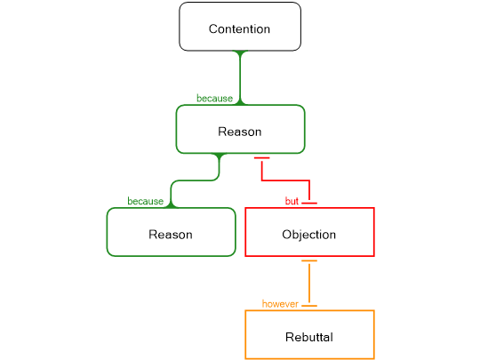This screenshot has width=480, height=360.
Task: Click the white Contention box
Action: point(240,27)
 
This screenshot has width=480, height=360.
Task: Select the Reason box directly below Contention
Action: point(240,130)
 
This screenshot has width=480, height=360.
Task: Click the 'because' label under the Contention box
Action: point(213,99)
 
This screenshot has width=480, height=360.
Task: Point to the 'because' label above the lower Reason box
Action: point(145,202)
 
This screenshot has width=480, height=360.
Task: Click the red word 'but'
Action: point(291,202)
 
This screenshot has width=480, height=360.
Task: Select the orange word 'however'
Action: point(280,304)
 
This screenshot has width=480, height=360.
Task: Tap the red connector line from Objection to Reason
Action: point(284,182)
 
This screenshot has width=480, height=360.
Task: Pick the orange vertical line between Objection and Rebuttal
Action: point(309,283)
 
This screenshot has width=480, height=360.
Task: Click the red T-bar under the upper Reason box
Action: point(261,158)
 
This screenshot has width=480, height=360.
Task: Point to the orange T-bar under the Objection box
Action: point(309,261)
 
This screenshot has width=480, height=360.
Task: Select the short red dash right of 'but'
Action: point(309,204)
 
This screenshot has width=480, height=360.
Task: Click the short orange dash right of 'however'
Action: point(309,306)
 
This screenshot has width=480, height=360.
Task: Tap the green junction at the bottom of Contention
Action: point(240,52)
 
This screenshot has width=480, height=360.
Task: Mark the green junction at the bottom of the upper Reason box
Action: point(220,157)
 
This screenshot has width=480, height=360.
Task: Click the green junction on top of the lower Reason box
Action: point(171,205)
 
